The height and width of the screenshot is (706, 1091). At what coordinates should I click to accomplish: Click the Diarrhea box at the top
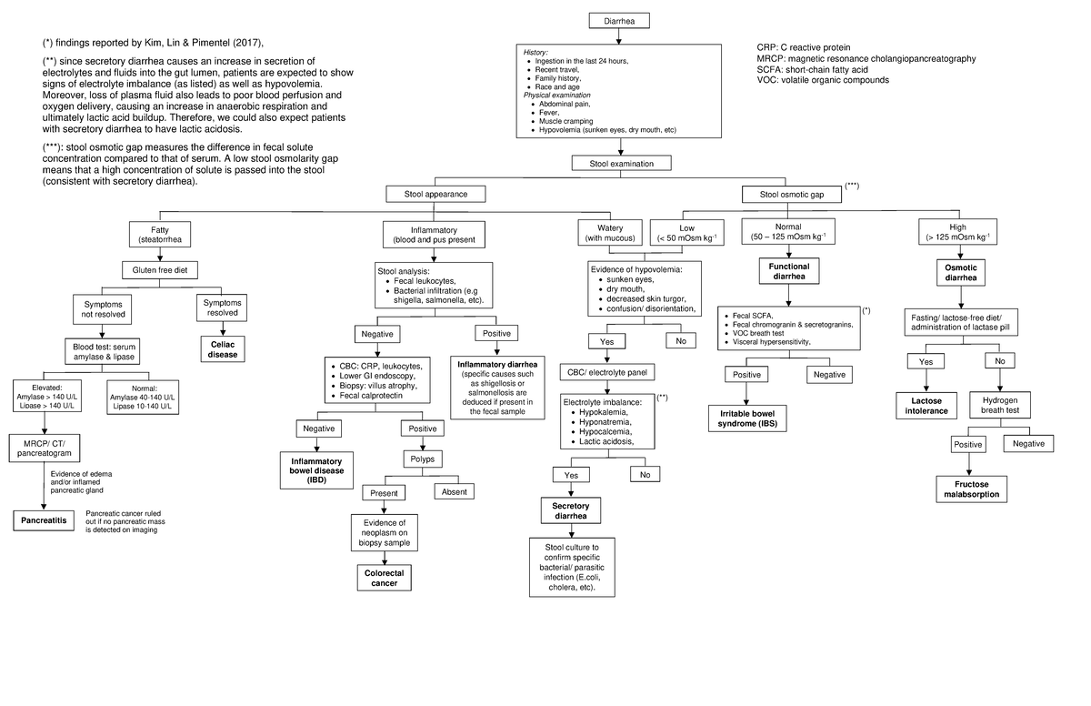(x=620, y=22)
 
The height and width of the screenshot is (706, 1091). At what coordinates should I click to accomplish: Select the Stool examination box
(x=620, y=163)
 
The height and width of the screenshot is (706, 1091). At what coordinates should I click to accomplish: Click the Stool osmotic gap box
(x=791, y=194)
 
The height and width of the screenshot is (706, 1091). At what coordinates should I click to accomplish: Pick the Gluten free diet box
(x=159, y=269)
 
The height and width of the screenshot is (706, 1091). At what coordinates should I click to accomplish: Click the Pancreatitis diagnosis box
(x=44, y=520)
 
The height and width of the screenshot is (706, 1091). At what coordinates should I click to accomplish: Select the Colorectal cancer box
(x=385, y=578)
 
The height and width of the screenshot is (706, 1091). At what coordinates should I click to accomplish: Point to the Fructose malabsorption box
(x=971, y=489)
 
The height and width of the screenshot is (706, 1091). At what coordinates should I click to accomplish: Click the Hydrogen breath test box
(x=1006, y=405)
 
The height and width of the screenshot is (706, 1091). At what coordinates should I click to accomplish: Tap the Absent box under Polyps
(x=454, y=492)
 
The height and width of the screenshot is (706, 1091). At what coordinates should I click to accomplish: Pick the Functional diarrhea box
(x=789, y=271)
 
